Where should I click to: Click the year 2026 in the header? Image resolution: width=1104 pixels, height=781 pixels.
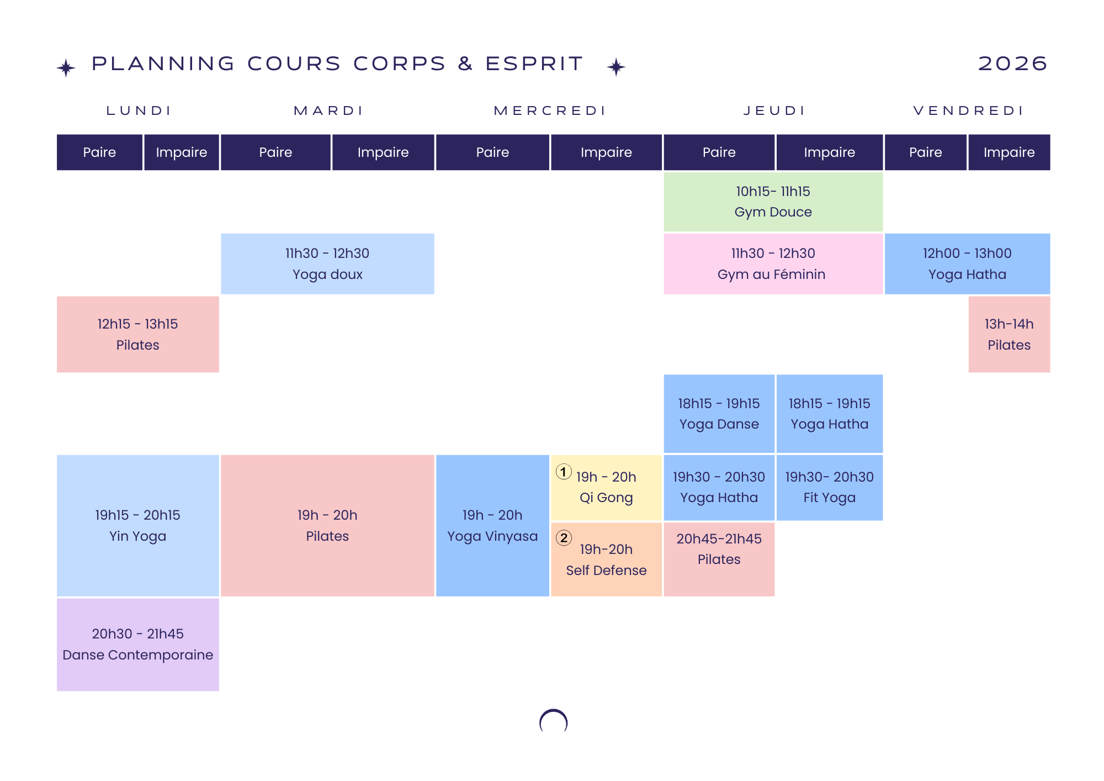click(x=1012, y=64)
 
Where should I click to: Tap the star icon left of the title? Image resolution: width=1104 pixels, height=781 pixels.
click(x=66, y=68)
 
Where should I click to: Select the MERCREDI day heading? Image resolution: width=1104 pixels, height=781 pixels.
click(x=550, y=110)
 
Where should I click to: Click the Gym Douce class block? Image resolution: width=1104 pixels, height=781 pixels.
click(x=773, y=202)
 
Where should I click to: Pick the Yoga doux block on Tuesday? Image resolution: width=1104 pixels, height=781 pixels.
click(x=327, y=263)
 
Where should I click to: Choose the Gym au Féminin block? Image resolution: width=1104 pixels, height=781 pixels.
click(x=772, y=263)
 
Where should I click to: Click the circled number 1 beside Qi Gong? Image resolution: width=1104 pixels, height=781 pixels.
click(x=563, y=472)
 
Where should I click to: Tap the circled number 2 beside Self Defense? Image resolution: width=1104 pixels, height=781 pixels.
click(x=564, y=537)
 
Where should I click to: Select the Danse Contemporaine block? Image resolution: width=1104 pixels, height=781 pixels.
click(x=137, y=644)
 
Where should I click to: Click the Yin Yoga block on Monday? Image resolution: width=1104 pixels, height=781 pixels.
click(x=137, y=525)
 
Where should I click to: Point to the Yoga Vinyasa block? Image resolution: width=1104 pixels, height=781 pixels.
click(x=492, y=525)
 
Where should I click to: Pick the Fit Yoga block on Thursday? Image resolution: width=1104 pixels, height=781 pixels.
click(x=829, y=487)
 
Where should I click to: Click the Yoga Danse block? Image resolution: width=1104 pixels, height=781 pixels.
click(x=719, y=414)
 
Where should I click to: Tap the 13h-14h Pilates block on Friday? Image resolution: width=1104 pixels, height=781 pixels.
click(x=1009, y=334)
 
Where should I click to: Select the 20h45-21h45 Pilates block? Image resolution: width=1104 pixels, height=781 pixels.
click(x=719, y=559)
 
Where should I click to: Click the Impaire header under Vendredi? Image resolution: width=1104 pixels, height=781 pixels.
click(x=1009, y=152)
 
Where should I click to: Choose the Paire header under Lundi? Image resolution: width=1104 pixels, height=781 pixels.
click(x=99, y=152)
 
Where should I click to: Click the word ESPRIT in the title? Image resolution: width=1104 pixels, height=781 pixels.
click(x=534, y=64)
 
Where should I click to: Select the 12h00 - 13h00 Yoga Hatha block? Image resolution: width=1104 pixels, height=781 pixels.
click(x=967, y=263)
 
